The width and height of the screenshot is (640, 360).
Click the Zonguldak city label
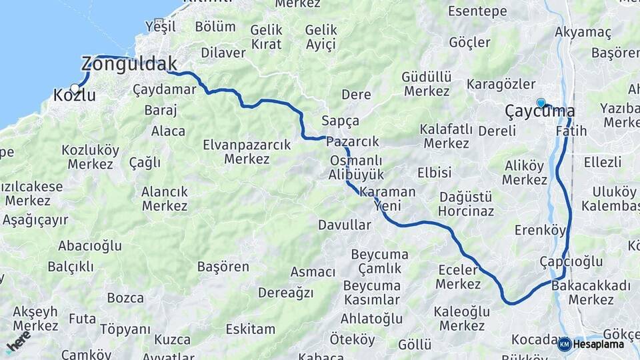129,64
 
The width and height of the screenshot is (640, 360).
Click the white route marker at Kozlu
75,87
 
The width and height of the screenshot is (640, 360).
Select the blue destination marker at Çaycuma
541,103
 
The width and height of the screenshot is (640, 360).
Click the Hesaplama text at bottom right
598,344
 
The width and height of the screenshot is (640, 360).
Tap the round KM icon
564,344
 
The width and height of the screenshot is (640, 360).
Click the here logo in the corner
18,341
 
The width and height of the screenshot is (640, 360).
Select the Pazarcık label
352,141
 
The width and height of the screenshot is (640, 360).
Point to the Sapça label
340,121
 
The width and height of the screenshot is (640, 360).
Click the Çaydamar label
164,89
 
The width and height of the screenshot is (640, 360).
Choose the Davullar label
344,225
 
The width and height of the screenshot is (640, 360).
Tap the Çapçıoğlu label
571,261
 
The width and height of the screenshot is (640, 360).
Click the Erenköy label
540,231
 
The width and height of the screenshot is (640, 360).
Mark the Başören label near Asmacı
223,267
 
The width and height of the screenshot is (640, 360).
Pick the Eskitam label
250,329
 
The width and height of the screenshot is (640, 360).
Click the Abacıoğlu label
89,246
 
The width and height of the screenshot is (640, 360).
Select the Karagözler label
501,84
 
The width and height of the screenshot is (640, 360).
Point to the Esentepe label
477,11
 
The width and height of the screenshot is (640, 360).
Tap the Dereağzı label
285,292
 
